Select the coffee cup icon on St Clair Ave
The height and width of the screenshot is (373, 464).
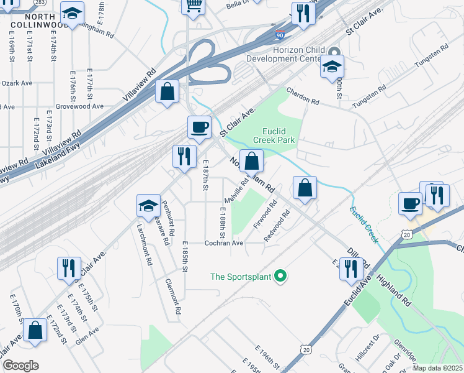tap(199, 127)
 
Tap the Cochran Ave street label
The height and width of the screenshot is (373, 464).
tap(224, 243)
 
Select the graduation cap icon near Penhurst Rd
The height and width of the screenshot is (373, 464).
tap(148, 205)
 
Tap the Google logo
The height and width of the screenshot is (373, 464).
tap(20, 365)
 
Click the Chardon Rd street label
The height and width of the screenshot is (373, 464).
tap(302, 96)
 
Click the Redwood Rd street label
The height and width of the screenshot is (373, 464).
tap(277, 228)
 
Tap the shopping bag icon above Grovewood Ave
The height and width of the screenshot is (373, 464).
tap(167, 92)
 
